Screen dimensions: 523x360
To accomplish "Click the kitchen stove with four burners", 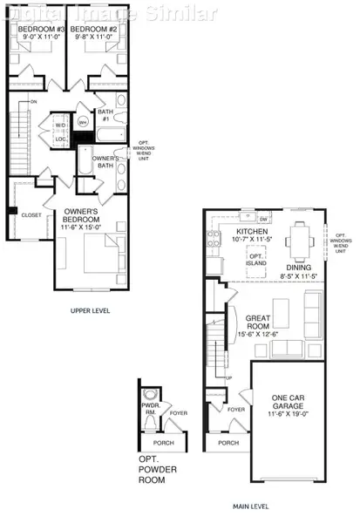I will pyautogui.click(x=214, y=238).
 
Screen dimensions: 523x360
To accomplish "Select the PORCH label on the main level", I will pyautogui.click(x=228, y=443).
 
